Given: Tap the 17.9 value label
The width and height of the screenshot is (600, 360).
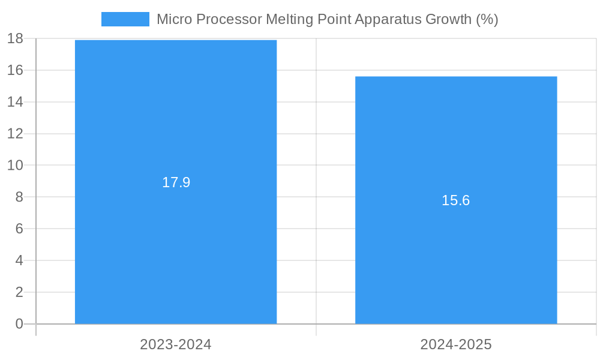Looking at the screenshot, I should (176, 182).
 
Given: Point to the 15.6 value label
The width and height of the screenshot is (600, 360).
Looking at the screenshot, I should (455, 200).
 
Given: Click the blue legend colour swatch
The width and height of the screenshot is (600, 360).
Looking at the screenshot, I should (125, 19).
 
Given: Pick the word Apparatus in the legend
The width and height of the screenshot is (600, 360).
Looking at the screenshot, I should (388, 19).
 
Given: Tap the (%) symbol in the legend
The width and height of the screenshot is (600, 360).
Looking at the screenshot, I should (487, 19).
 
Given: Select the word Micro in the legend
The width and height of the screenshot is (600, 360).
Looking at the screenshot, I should (173, 19).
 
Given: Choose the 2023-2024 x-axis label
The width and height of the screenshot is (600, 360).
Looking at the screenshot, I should (175, 344).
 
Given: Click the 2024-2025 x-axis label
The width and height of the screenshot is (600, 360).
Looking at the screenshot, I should (455, 344).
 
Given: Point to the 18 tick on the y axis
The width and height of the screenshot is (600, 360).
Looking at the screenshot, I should (15, 38).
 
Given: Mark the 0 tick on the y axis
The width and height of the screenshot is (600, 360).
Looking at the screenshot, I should (19, 324).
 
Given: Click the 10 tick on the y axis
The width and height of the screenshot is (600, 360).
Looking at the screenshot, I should (15, 165).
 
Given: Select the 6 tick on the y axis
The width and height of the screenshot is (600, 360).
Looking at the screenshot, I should (19, 229).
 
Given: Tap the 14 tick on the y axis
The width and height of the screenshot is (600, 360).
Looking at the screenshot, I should (15, 102).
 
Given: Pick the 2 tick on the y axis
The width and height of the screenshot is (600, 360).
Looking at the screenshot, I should (19, 292).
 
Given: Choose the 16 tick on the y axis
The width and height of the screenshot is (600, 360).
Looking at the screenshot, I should (15, 70).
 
